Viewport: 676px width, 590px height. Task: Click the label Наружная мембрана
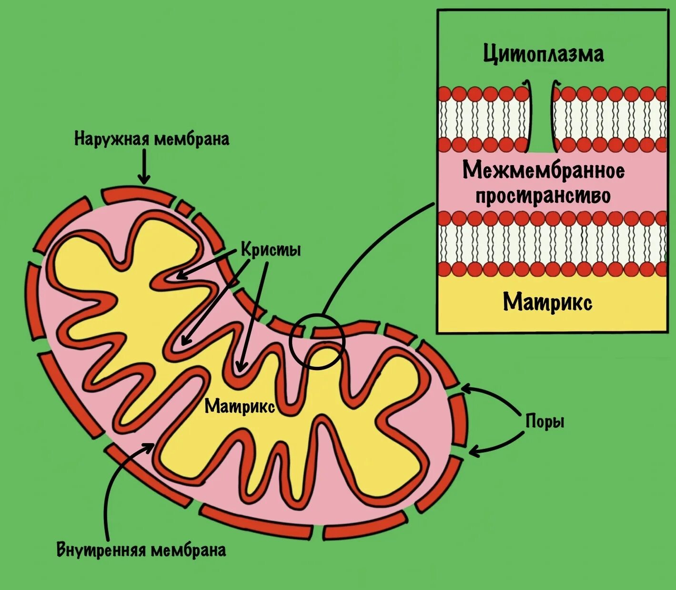[x=151, y=139]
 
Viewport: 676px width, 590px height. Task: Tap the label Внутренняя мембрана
[x=141, y=550]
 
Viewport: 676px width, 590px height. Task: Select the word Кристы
[x=271, y=250]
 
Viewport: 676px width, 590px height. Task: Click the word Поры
[x=545, y=422]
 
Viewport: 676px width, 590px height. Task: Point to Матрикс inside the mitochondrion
[x=240, y=406]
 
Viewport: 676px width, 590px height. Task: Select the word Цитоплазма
[x=544, y=53]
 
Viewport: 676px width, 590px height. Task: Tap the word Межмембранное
[x=544, y=170]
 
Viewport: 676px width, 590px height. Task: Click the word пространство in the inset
[x=543, y=196]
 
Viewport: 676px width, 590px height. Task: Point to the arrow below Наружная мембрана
[x=143, y=167]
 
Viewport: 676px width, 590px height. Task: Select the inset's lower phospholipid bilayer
[x=552, y=244]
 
